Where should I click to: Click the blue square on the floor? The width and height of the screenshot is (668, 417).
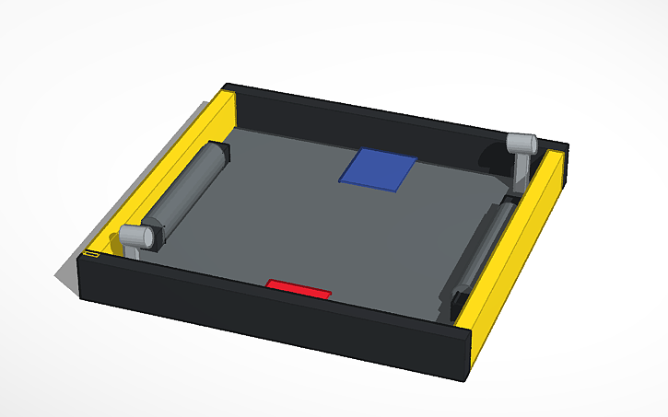click(379, 168)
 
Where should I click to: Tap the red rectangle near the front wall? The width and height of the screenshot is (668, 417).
click(299, 289)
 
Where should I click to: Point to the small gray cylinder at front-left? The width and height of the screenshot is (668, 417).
click(137, 237)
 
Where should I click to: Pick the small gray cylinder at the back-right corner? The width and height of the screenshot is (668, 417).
click(521, 144)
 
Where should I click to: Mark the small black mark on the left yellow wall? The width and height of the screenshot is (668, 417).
click(90, 251)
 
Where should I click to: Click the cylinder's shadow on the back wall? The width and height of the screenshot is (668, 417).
click(487, 157)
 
